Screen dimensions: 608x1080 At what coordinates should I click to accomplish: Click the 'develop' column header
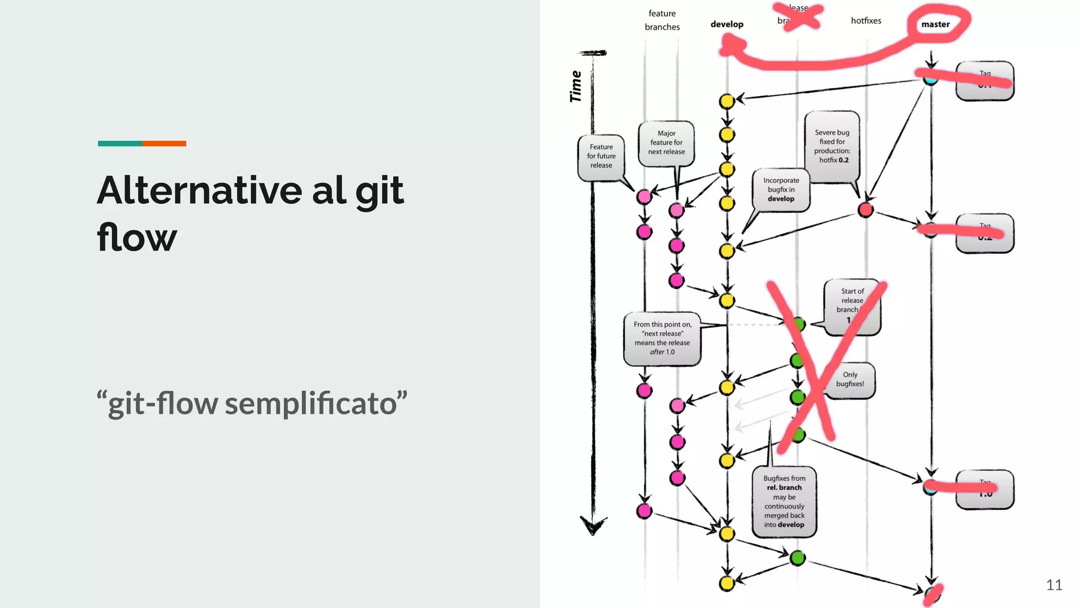[727, 24]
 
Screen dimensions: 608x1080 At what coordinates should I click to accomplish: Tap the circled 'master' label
[935, 24]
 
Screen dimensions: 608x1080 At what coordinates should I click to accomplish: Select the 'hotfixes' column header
[866, 21]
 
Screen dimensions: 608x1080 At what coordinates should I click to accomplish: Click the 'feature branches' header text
[662, 20]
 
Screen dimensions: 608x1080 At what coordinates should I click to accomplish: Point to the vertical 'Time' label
[576, 87]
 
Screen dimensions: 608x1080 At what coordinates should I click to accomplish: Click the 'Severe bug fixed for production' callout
[832, 146]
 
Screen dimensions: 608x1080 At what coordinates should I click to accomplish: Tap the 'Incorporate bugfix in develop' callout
[781, 189]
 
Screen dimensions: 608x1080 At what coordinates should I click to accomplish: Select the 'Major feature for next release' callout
[666, 142]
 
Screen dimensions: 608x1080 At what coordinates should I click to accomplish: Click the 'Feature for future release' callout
[601, 156]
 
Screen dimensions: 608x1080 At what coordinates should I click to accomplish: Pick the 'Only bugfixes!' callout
[850, 379]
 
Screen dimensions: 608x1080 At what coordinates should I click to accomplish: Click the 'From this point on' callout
[662, 338]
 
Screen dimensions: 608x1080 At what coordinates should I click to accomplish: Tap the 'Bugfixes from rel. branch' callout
[784, 501]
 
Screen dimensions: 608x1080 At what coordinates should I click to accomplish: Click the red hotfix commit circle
[865, 210]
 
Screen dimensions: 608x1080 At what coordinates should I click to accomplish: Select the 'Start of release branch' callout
[852, 306]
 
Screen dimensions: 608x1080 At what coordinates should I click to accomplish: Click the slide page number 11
[1054, 585]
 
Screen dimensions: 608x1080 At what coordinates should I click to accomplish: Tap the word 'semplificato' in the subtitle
[311, 404]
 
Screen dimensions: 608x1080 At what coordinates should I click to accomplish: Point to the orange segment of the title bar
[164, 144]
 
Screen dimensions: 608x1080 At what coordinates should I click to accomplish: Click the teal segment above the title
[120, 144]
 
